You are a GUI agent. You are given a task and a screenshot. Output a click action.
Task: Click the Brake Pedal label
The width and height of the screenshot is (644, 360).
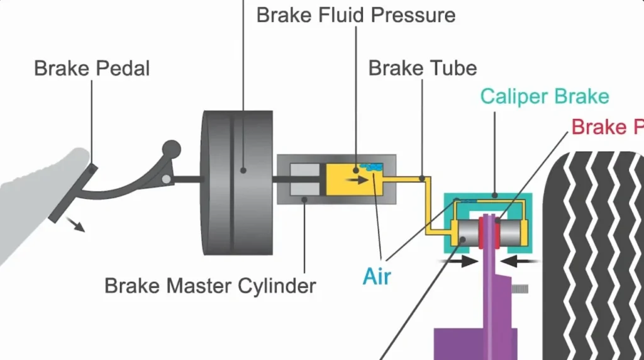point(92,68)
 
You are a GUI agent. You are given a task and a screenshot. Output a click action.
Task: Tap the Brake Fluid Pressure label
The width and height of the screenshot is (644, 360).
point(355,14)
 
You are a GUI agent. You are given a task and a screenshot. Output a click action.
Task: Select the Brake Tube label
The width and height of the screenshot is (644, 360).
point(422,67)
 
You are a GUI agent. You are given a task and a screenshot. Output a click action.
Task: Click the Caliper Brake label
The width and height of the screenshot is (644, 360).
point(544,96)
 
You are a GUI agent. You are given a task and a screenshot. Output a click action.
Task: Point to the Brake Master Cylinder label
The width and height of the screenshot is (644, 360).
point(210,286)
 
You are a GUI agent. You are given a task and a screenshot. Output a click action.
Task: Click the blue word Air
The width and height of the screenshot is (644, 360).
point(377,276)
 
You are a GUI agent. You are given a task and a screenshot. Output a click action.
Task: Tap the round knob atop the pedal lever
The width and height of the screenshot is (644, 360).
point(171,149)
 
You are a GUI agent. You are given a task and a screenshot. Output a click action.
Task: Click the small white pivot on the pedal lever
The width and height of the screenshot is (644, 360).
point(166,179)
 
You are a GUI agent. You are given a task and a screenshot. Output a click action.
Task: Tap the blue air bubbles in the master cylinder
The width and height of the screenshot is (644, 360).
point(371,167)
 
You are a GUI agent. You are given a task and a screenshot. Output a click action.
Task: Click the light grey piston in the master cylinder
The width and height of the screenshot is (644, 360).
point(306,179)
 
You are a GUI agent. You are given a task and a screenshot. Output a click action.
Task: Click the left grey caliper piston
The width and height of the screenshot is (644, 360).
point(468,233)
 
